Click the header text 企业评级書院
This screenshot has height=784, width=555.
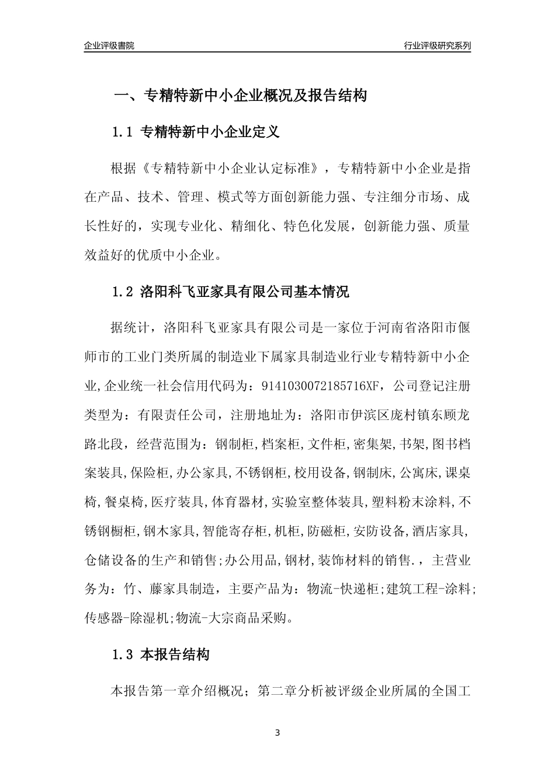click(109, 45)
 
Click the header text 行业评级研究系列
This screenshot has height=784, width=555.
click(437, 45)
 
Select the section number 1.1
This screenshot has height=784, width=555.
click(123, 132)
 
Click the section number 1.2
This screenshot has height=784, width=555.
click(123, 292)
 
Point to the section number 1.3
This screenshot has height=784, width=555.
click(123, 655)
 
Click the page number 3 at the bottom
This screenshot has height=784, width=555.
click(277, 733)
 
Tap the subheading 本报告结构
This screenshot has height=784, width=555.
click(175, 655)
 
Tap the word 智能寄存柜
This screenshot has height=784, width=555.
click(234, 531)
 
